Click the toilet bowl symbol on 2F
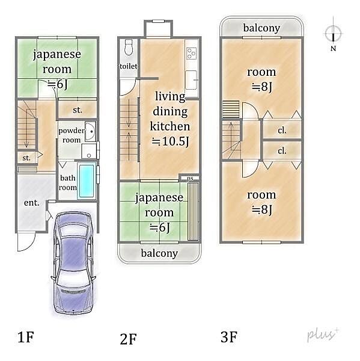click(129, 47)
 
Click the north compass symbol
click(334, 34)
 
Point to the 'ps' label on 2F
click(190, 178)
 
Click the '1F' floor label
click(25, 337)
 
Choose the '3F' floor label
click(229, 337)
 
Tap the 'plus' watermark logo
click(323, 335)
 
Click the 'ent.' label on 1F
click(32, 203)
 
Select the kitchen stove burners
click(191, 53)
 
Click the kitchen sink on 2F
click(191, 80)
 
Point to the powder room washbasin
click(90, 131)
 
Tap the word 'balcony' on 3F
click(261, 28)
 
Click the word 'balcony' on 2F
click(159, 253)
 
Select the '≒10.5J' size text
click(170, 141)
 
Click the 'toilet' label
click(129, 66)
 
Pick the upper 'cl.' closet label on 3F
click(282, 131)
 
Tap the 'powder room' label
click(72, 135)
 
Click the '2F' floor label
click(128, 339)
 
